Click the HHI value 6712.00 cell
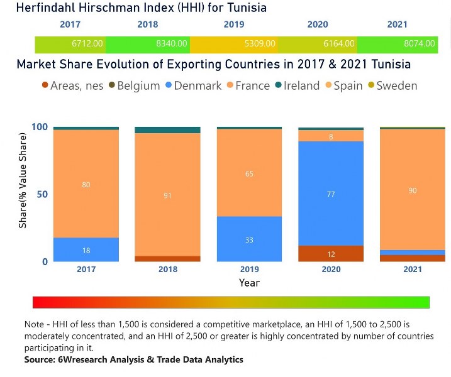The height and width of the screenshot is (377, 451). (70, 44)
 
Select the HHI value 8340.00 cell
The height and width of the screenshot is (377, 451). (147, 44)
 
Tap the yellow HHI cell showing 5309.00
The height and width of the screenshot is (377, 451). (233, 44)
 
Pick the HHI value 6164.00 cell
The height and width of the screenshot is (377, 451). (317, 44)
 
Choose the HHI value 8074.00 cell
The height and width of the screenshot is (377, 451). (397, 44)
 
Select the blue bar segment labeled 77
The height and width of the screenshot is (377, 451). (331, 194)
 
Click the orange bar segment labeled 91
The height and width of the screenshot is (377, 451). (167, 195)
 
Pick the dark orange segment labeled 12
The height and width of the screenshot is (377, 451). (331, 253)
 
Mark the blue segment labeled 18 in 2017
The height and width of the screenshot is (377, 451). (86, 249)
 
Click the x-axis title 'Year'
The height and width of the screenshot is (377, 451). (249, 283)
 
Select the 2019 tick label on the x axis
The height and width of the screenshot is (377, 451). (249, 269)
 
